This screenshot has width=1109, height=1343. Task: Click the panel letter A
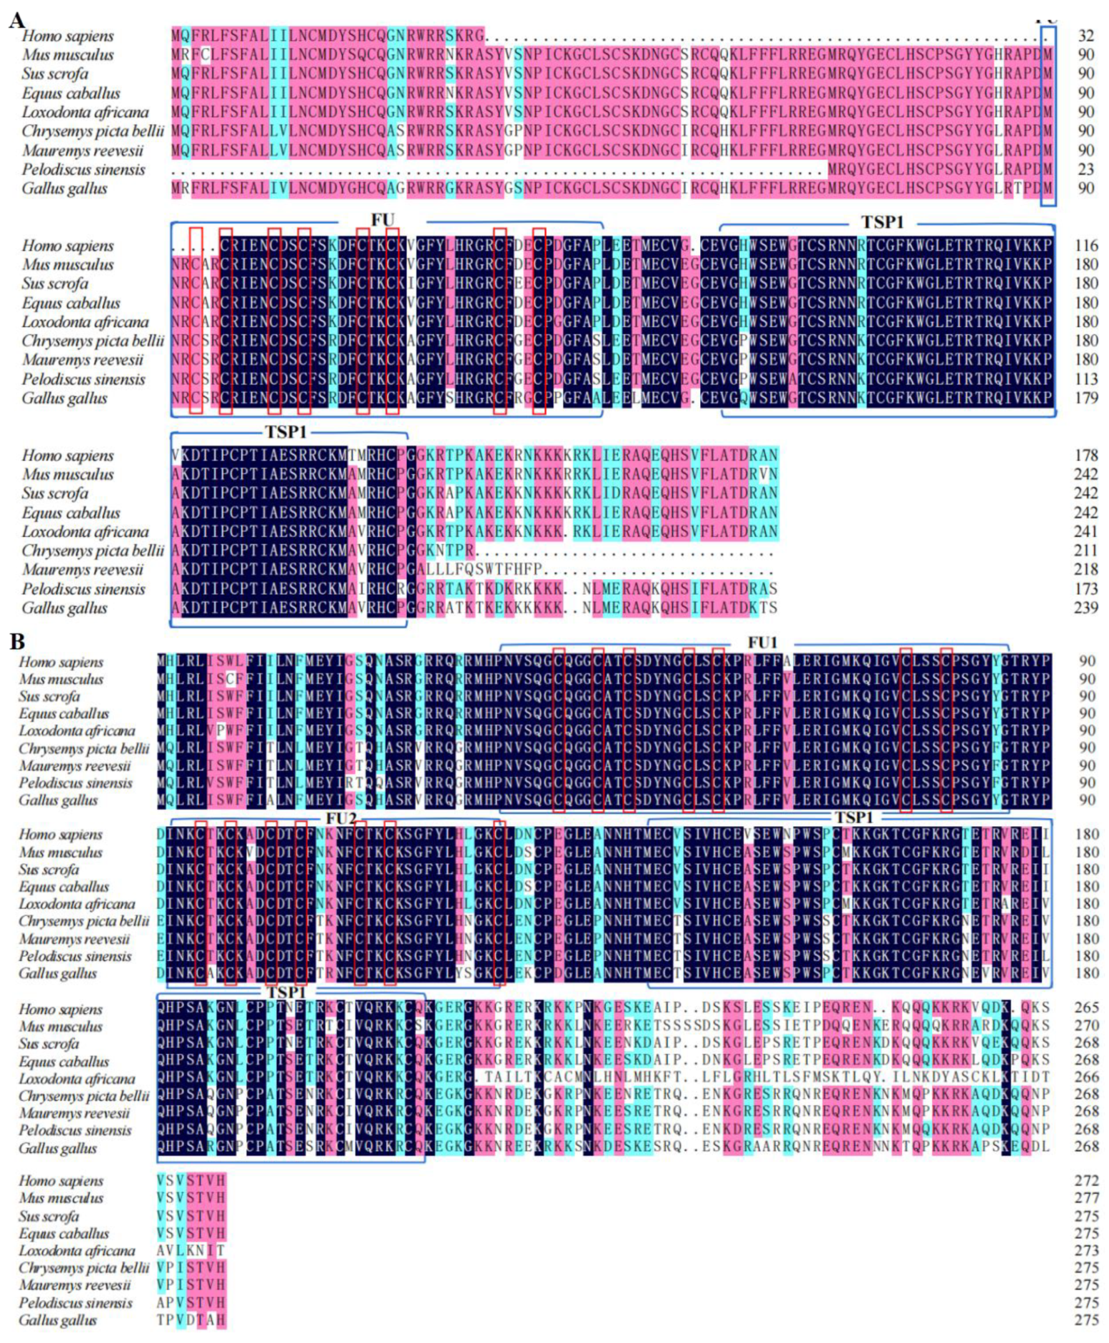17,21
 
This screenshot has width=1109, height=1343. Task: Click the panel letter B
17,641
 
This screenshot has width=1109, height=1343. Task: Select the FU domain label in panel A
382,221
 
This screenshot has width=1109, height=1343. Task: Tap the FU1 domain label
762,642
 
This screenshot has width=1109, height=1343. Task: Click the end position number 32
1086,36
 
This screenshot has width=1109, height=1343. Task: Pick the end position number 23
1086,170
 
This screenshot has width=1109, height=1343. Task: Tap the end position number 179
1086,398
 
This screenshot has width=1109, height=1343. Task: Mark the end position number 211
1086,551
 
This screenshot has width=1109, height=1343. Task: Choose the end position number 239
1086,608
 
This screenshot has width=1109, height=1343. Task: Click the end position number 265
1086,1008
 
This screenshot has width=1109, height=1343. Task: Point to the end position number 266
1086,1077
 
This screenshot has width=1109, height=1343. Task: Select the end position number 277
1086,1198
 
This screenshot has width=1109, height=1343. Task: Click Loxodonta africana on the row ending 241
85,532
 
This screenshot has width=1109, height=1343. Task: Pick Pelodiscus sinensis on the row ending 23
83,170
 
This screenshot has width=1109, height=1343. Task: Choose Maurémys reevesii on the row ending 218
82,569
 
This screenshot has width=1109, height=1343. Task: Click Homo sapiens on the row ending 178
68,456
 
